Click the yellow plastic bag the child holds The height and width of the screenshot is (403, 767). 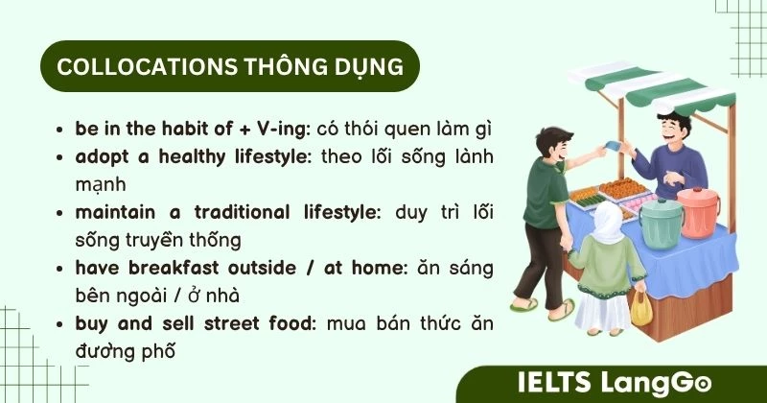[640, 308]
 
